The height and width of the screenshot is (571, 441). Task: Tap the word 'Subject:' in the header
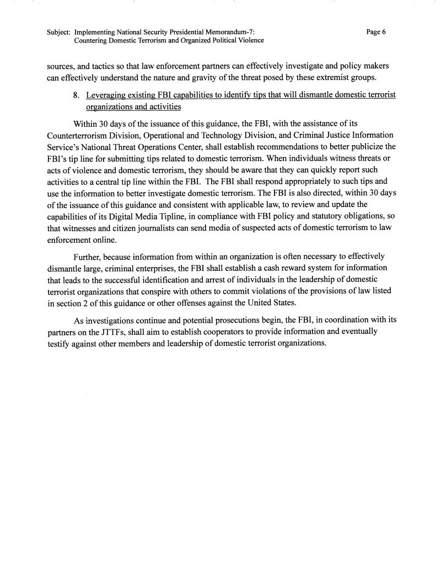tap(59, 32)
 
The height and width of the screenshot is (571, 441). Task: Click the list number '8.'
tap(77, 95)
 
